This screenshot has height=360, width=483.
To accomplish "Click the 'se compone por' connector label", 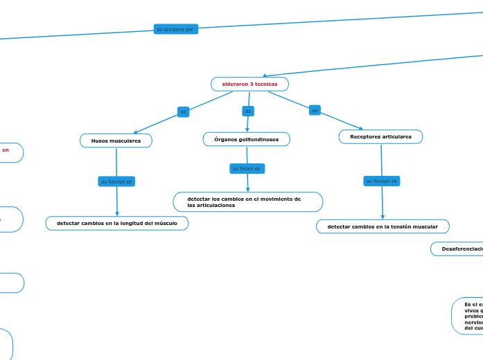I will [175, 29].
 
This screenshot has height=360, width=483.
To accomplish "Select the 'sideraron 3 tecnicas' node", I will [249, 84].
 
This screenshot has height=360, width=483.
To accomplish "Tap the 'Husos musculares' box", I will [116, 141].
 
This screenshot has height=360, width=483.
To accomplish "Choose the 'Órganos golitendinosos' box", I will [246, 139].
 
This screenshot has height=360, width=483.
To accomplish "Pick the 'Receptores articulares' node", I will [380, 137].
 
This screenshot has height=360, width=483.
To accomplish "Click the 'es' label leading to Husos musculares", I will [183, 111].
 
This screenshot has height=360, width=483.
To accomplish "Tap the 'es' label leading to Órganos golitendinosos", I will [248, 111].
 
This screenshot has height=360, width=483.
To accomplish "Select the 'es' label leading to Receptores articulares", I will [315, 110].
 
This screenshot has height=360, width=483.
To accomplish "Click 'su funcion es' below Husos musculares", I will [116, 181].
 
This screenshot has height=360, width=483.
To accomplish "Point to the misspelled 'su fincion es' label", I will [246, 168].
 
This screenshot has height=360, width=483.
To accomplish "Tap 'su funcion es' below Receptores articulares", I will [381, 181].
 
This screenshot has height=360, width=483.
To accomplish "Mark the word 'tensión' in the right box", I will [398, 226].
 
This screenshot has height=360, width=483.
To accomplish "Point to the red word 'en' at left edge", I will [6, 149].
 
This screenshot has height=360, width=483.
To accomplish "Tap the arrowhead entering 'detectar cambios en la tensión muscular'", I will [383, 217].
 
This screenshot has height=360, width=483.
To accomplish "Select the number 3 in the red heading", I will [253, 84].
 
